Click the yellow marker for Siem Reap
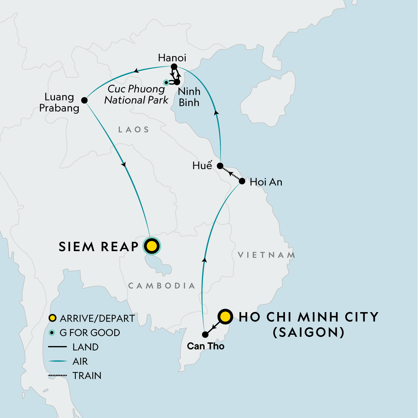[152, 246]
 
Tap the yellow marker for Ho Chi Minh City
[225, 317]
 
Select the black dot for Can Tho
[205, 334]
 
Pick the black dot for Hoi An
[242, 181]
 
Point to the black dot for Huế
[220, 165]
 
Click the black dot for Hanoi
[175, 67]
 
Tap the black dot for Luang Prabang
[84, 100]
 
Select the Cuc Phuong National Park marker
[166, 82]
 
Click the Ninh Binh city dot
[177, 82]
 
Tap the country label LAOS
[134, 130]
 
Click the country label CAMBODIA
[162, 286]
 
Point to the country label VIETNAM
[266, 255]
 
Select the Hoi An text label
[266, 182]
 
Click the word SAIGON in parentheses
[309, 332]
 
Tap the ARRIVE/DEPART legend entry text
[97, 318]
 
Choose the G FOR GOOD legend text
[90, 333]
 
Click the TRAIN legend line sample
[57, 376]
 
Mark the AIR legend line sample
[57, 361]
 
